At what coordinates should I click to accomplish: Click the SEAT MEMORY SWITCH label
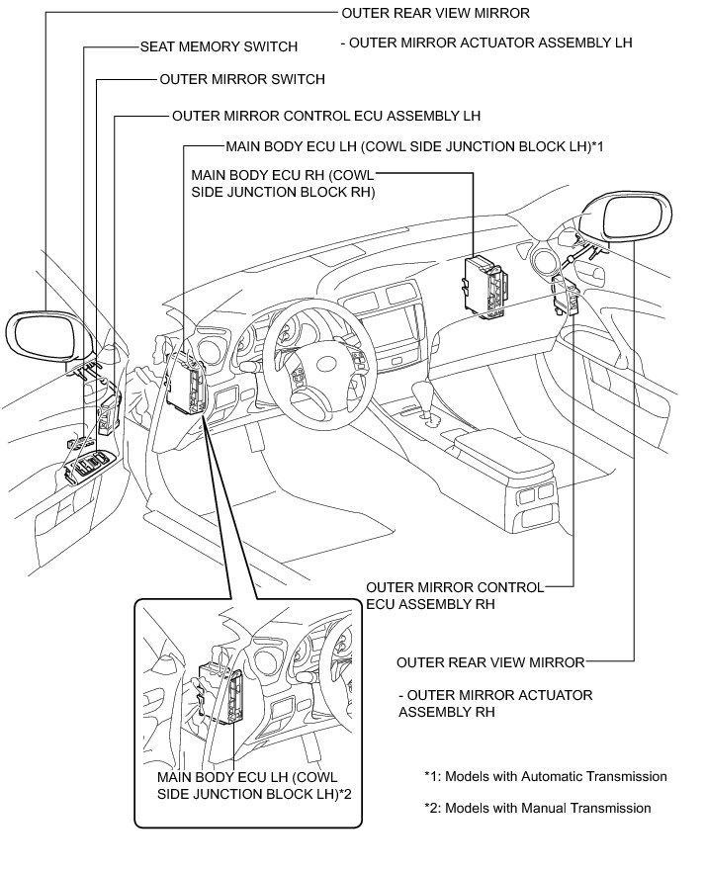[219, 46]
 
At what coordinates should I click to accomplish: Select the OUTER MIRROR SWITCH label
[241, 79]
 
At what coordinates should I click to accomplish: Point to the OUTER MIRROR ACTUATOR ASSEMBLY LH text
[485, 43]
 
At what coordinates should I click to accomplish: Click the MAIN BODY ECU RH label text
[282, 184]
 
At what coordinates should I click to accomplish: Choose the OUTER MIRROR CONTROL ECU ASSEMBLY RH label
[454, 595]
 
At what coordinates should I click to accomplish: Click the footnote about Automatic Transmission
[545, 776]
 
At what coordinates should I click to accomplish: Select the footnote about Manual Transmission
[537, 808]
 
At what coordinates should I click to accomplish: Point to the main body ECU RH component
[485, 285]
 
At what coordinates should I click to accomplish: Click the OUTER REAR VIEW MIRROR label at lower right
[490, 661]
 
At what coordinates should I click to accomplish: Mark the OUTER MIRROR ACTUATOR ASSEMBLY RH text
[494, 703]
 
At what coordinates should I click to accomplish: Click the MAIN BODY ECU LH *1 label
[414, 146]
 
